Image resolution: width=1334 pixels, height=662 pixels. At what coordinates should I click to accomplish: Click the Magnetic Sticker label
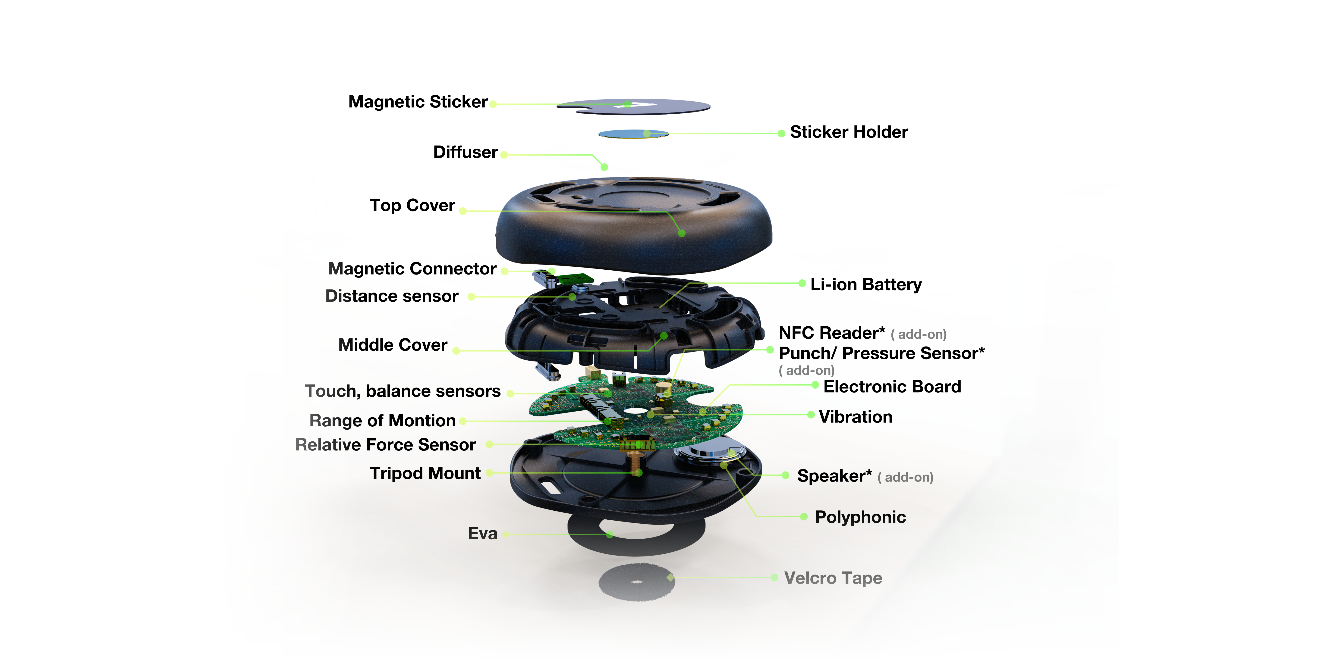pos(418,102)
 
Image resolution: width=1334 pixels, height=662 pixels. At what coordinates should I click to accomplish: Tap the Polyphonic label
pos(860,517)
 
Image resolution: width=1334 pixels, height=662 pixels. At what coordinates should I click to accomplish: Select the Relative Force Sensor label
pos(385,445)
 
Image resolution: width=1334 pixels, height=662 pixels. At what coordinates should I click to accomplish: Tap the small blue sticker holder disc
pos(633,134)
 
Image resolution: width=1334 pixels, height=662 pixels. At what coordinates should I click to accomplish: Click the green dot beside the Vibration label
pos(811,415)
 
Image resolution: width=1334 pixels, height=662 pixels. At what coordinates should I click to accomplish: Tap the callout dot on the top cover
pos(682,233)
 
